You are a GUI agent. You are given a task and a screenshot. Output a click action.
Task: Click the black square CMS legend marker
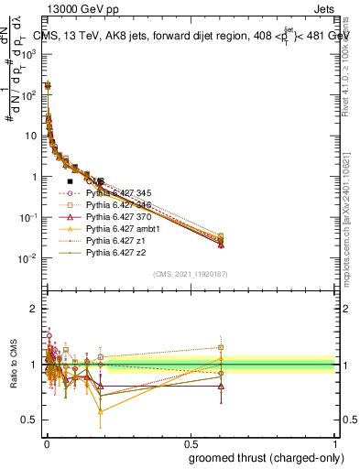tap(71, 181)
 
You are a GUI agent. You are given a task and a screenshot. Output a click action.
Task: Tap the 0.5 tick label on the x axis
tap(190, 442)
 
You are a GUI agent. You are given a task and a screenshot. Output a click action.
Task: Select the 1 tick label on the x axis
tap(333, 442)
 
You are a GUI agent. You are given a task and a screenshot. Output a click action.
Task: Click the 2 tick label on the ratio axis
tap(32, 309)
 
